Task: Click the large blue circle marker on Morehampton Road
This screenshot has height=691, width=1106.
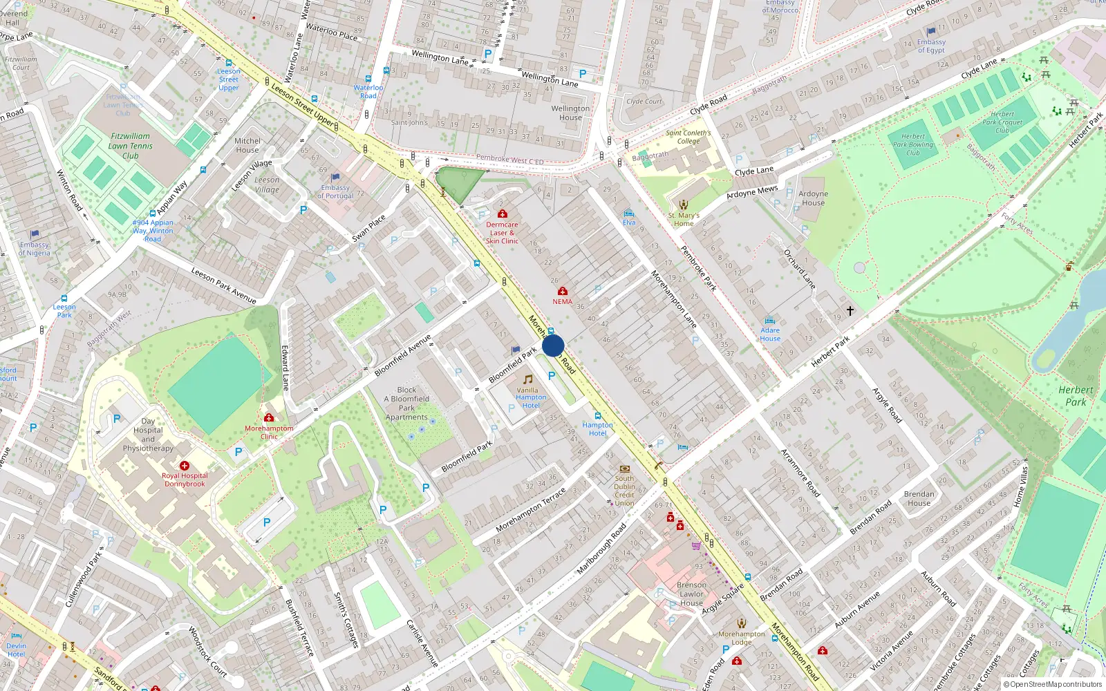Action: coord(553,345)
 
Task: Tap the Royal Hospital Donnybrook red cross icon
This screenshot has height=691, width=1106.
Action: coord(185,466)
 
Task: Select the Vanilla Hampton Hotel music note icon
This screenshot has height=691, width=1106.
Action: coord(528,379)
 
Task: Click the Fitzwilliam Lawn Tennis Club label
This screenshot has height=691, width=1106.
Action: coord(131,146)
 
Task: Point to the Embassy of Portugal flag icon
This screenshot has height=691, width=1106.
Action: coord(335,178)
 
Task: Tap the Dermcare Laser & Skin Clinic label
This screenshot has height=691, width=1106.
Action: coord(502,233)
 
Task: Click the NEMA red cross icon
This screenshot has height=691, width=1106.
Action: coord(563,292)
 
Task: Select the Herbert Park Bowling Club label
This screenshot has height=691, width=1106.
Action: coord(912,144)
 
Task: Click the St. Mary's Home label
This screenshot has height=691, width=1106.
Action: coord(684,219)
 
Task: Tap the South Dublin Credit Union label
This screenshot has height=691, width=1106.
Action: coord(624,491)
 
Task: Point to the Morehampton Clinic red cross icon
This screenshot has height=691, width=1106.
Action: coord(269,417)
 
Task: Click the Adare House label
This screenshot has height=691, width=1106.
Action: coord(770,334)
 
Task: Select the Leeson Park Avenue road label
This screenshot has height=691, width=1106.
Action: coord(223,285)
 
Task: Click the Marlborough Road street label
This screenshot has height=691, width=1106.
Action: coord(601,548)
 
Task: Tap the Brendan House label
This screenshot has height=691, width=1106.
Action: coord(919,498)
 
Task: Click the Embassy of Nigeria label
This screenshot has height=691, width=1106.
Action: coord(35,249)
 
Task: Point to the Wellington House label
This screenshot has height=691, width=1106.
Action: coord(570,113)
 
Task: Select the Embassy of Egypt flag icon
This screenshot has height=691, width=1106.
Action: coord(931,31)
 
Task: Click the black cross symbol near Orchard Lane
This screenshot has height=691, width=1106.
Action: coord(850,310)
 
